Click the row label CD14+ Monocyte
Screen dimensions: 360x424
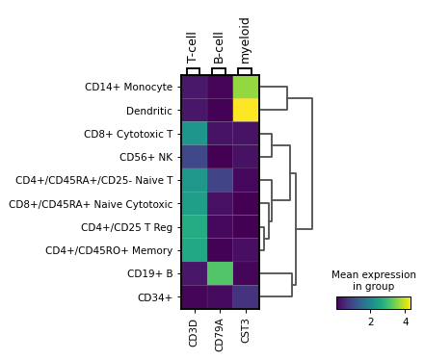[x=129, y=88]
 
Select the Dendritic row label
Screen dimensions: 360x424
[x=149, y=111]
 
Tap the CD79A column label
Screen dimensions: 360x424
[x=220, y=330]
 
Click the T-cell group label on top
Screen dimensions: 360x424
[x=193, y=47]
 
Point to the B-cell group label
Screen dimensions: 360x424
[x=219, y=46]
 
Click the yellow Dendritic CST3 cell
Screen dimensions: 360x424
[x=246, y=111]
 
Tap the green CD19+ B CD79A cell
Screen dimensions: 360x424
[x=220, y=273]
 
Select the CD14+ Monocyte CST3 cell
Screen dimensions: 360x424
[x=246, y=88]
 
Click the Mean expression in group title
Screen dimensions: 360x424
[x=373, y=280]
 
